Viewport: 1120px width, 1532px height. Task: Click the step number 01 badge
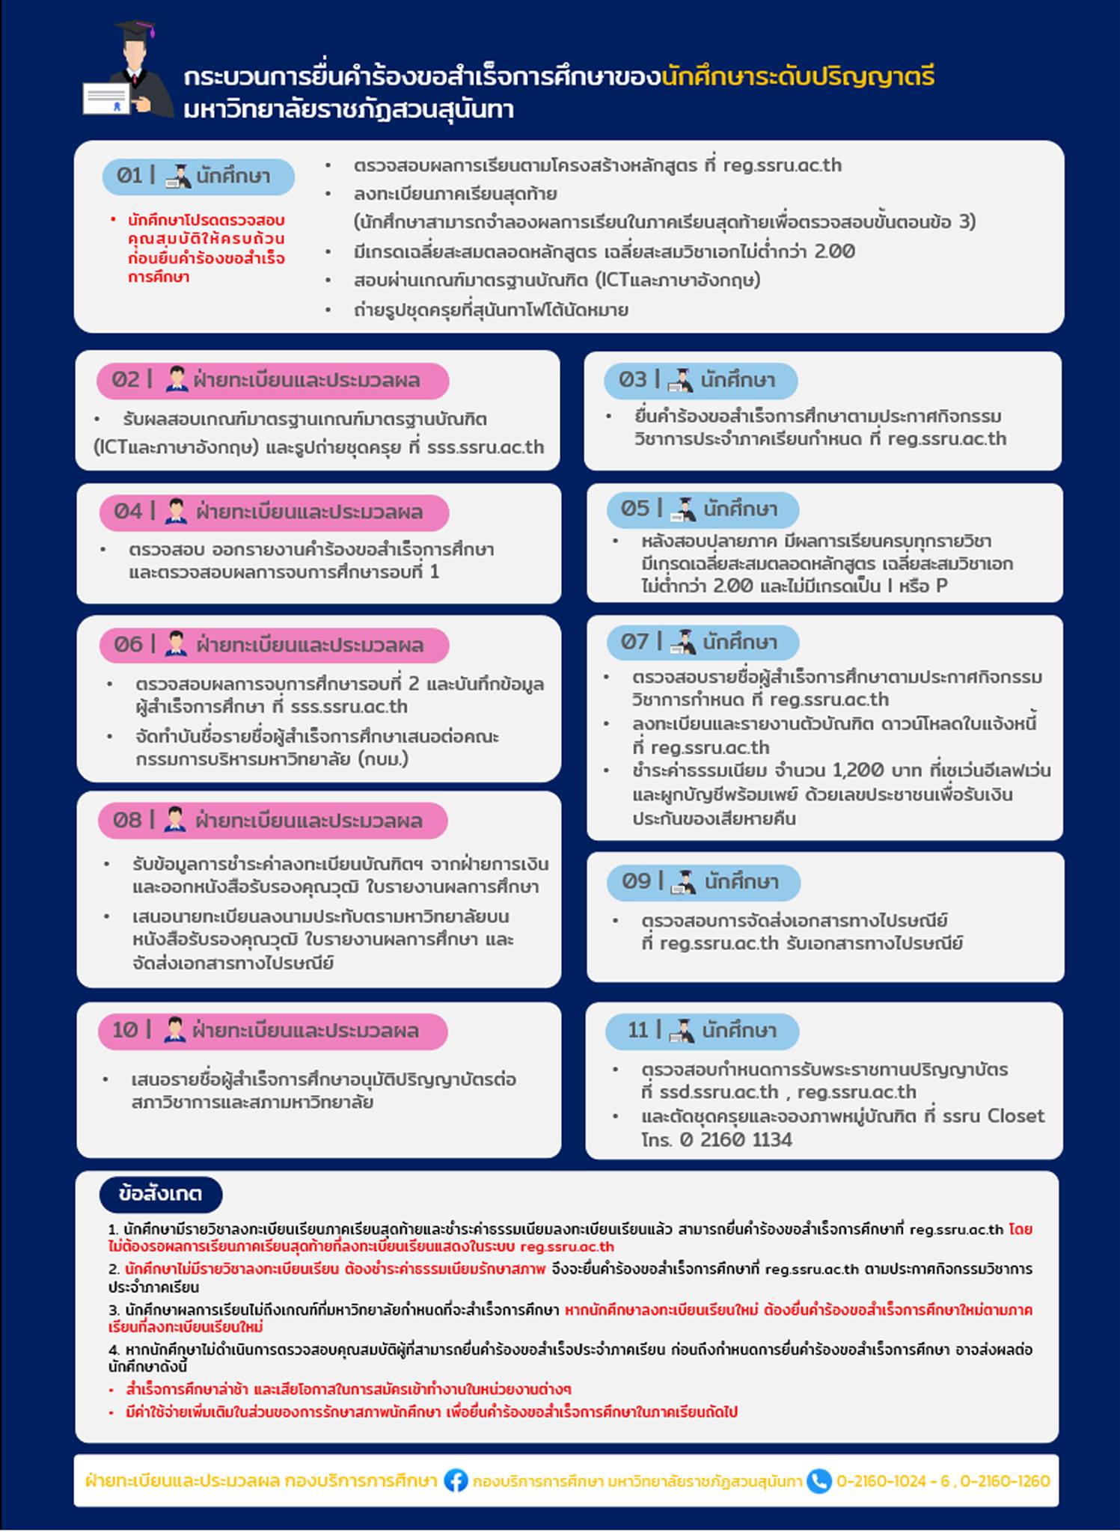click(129, 176)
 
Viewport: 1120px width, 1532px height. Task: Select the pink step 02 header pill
click(272, 381)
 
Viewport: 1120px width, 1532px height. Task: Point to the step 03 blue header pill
click(700, 381)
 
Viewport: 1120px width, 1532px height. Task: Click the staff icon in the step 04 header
click(176, 512)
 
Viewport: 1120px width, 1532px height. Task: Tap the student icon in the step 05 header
click(682, 509)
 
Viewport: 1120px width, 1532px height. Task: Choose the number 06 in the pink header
click(128, 645)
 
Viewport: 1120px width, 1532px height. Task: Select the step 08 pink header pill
click(272, 821)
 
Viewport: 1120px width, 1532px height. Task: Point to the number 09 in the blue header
click(637, 881)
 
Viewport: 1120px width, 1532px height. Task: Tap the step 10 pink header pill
click(272, 1031)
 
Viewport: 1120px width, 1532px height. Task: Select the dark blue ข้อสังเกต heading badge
click(160, 1194)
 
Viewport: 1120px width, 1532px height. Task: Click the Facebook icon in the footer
click(456, 1481)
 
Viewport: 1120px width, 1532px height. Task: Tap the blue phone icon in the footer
click(819, 1481)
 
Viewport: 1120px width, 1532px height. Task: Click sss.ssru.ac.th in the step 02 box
click(485, 447)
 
